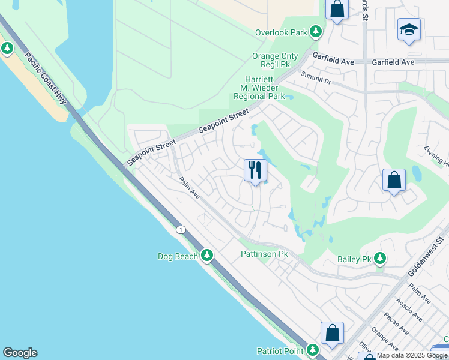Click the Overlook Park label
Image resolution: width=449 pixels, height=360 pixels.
[x=281, y=32]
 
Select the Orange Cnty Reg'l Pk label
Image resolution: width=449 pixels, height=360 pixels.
[x=275, y=61]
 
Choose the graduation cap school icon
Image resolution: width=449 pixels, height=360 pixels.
[x=409, y=29]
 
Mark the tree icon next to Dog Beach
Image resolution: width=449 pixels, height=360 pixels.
[x=207, y=256]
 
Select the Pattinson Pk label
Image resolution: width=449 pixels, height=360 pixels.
[x=265, y=254]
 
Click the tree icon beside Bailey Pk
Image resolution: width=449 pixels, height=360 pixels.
[x=379, y=259]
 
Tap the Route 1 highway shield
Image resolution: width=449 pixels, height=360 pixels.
[x=180, y=230]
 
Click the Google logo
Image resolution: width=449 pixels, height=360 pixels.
[x=20, y=353]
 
